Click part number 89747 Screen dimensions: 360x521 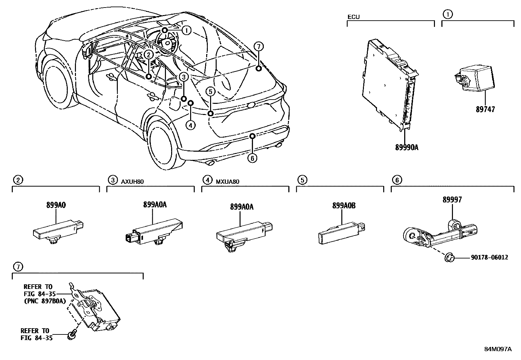485,109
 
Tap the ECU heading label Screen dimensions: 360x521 353,17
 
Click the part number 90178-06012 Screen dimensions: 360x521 490,257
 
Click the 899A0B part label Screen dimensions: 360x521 344,206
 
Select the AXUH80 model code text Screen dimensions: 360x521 133,181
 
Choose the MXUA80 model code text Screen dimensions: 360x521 227,181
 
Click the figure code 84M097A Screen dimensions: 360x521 498,349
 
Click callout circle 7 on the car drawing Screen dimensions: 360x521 258,47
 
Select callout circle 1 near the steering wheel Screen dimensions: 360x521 186,31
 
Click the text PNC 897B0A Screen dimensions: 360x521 45,301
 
